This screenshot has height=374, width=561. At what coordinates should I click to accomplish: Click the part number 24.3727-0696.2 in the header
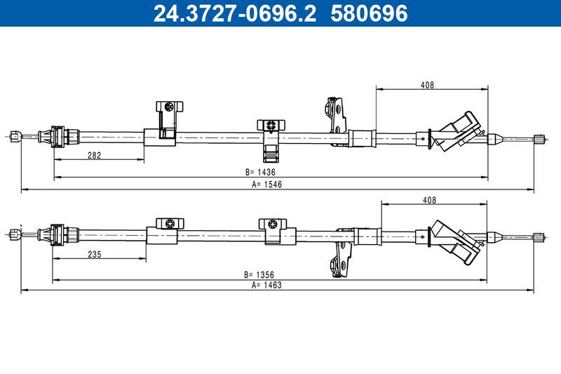coord(235,13)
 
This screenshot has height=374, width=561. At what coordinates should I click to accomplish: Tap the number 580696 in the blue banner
coord(369,13)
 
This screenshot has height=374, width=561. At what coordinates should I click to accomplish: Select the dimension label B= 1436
coord(260,172)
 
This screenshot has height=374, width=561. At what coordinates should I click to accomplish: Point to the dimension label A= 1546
coord(267,185)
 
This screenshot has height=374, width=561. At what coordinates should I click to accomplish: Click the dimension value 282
coord(95,155)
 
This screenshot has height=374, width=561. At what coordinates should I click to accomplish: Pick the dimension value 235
coord(95,255)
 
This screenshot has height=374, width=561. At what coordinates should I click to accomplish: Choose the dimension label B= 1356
coord(259,275)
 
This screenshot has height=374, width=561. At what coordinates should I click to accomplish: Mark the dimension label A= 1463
coord(266,286)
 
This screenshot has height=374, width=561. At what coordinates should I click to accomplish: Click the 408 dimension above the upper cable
coord(427,85)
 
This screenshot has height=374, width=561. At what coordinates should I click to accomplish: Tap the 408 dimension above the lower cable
coord(429,200)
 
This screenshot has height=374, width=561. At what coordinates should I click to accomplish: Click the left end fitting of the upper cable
coord(15,136)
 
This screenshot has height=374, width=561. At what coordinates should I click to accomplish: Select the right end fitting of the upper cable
coord(539,139)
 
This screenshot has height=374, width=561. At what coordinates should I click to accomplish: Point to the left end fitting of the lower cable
coord(15,234)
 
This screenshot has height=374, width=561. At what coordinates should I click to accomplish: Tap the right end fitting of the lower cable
coord(539,237)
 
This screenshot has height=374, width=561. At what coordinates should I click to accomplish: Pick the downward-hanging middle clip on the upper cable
coord(271,140)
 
